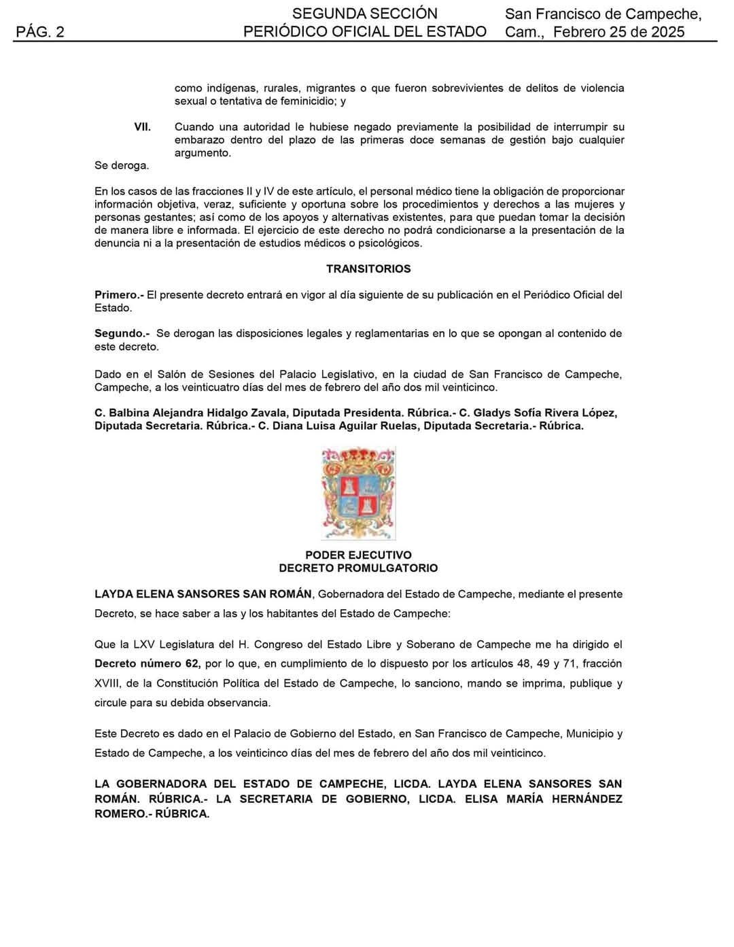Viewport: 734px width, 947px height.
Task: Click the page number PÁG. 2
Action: (40, 32)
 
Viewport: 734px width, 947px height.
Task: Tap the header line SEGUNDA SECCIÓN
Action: (365, 14)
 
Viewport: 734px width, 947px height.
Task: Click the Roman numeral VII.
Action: (142, 127)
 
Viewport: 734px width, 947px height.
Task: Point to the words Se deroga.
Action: (122, 165)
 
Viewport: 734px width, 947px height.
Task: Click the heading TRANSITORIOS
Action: (368, 269)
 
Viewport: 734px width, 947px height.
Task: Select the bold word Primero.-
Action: (119, 295)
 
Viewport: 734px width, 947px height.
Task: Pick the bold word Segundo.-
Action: (122, 334)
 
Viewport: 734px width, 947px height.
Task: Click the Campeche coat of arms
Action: (358, 493)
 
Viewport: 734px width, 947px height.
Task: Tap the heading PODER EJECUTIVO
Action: (358, 555)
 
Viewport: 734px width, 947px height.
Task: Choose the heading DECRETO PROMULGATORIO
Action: (358, 568)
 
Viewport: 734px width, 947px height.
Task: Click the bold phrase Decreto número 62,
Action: (147, 664)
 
